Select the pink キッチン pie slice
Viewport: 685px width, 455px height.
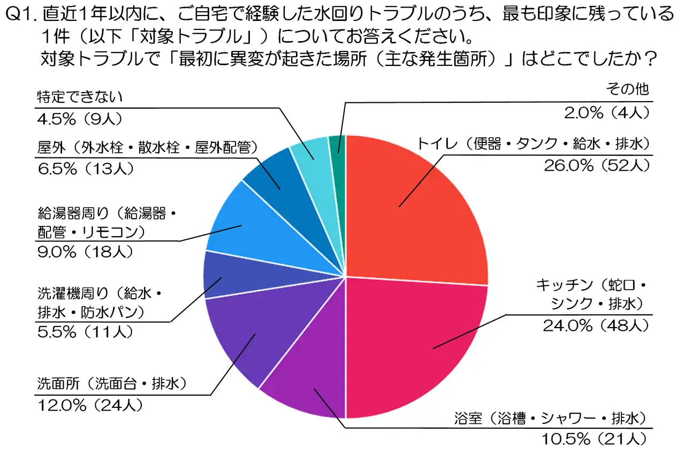coord(417,343)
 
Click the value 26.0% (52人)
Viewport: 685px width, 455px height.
coord(596,165)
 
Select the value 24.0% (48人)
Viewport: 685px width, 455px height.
coord(596,325)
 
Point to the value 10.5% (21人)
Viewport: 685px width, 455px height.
coord(596,439)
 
